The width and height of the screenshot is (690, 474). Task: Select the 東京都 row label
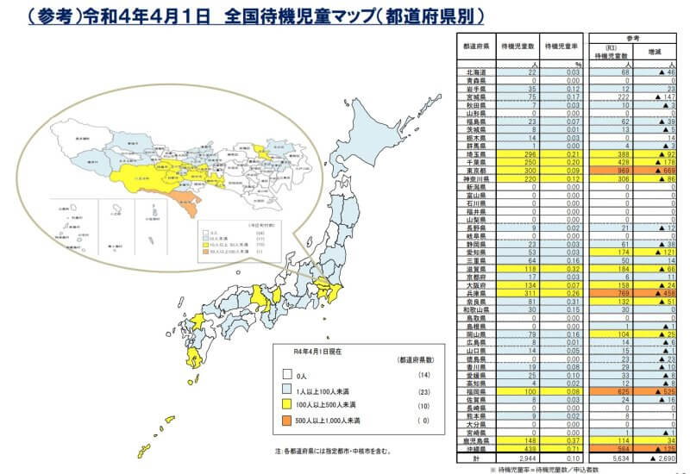coord(476,171)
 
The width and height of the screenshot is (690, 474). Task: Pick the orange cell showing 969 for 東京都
coord(621,171)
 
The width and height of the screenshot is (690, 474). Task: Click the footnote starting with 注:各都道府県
coord(333,450)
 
